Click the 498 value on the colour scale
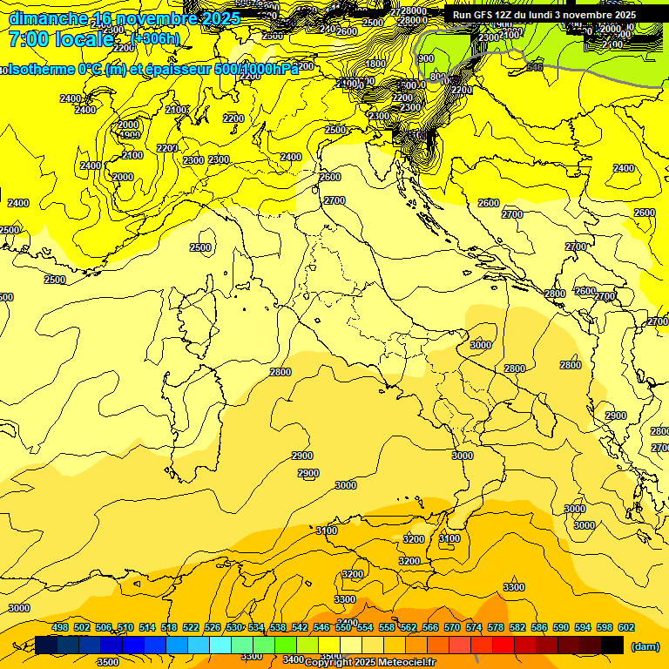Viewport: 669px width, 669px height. point(60,628)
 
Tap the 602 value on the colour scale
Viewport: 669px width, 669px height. point(625,628)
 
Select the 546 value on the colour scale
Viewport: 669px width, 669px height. point(321,628)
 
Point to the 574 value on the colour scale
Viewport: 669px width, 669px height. point(474,628)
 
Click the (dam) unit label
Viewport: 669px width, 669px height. point(645,645)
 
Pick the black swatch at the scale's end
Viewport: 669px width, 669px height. point(612,645)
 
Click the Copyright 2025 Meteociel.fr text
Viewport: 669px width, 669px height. point(369,662)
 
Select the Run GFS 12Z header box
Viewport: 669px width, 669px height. point(544,15)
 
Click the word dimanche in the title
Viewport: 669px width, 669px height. point(48,18)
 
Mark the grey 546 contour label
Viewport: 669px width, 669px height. point(534,66)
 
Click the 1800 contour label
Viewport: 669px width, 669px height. point(375,64)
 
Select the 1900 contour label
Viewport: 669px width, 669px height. point(130,135)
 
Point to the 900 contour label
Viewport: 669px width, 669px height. point(426,58)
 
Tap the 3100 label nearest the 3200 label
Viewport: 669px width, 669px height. point(449,539)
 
